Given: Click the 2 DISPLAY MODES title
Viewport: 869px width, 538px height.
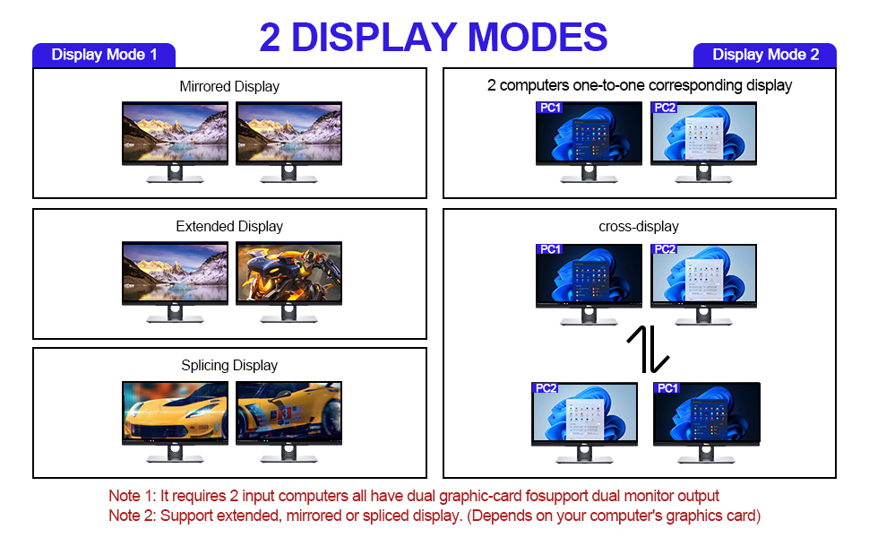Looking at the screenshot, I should point(434,37).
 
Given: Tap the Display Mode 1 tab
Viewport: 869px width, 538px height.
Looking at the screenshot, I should point(104,55).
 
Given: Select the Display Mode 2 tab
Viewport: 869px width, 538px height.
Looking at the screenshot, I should point(765,55).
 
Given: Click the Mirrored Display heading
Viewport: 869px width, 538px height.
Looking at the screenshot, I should point(229,87).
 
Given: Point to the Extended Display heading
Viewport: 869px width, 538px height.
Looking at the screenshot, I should point(229,227).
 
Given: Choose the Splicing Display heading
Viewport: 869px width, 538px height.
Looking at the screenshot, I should point(229,366).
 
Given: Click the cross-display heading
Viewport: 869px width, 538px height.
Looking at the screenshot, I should point(639,227).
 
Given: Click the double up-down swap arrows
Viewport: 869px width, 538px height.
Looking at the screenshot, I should point(647,349).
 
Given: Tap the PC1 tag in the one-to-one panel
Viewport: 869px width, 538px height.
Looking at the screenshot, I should point(550,108).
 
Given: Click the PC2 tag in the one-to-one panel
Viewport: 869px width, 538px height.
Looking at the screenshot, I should point(665,108).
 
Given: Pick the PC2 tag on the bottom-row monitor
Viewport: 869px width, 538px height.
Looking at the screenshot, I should point(546,388).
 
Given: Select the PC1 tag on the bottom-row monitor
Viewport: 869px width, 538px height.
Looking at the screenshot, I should point(667,388).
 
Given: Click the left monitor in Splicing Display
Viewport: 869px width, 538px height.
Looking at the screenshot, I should point(175,412).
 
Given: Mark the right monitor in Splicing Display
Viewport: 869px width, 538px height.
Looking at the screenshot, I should point(288,412).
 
